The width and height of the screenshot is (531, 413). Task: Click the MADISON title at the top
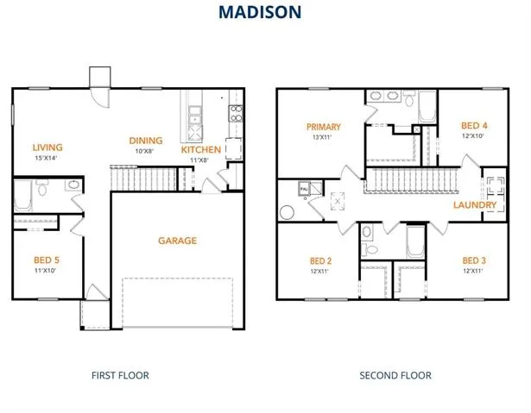[x=260, y=12]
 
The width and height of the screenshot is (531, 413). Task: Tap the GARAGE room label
[x=178, y=241]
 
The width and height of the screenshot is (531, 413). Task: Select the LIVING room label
[x=47, y=147]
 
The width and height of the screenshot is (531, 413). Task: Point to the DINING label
[x=146, y=141]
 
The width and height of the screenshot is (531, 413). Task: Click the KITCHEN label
[x=201, y=149]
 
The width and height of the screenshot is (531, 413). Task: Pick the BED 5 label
[x=47, y=260]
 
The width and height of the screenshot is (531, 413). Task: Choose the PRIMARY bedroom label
[x=324, y=127]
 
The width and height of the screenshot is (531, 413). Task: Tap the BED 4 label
[x=474, y=126]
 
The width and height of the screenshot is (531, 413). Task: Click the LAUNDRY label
[x=475, y=205]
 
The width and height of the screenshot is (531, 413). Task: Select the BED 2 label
[x=320, y=260]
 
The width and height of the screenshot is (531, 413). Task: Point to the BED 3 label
[x=474, y=260]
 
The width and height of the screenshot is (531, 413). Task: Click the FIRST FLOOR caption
[x=120, y=375]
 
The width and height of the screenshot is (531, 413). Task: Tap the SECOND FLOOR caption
[x=395, y=375]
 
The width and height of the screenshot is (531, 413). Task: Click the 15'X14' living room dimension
[x=47, y=158]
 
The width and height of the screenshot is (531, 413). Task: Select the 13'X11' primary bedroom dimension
[x=322, y=137]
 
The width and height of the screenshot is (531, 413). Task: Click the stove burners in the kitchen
[x=236, y=113]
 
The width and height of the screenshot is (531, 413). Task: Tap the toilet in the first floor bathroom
[x=42, y=188]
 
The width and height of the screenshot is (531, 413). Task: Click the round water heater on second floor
[x=287, y=212]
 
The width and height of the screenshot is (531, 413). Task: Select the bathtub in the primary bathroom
[x=427, y=107]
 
